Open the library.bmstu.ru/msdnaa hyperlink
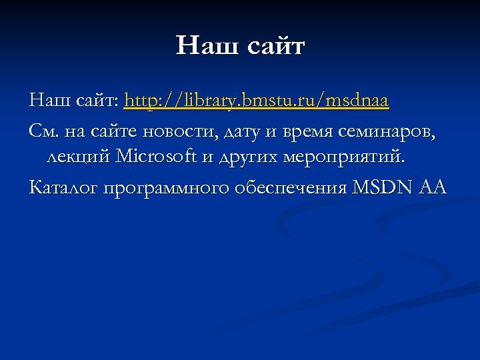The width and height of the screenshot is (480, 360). tap(257, 101)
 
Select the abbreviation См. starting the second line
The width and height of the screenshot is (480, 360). tap(44, 131)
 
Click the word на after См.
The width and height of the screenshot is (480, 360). tap(74, 131)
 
